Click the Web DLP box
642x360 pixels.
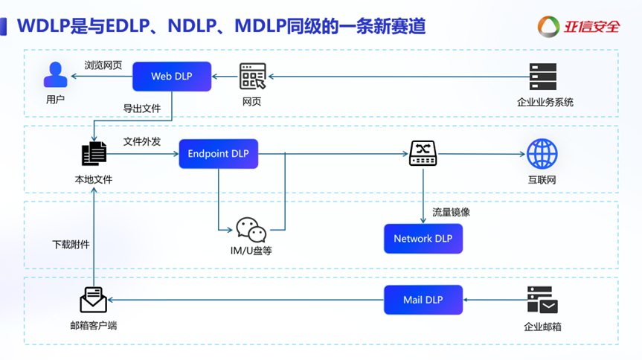(x=172, y=77)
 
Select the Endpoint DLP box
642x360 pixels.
(x=218, y=154)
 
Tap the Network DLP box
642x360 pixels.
(x=423, y=239)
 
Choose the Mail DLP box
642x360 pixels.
(x=423, y=300)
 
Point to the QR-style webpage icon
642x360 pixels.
(x=252, y=77)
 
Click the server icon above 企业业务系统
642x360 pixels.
(x=543, y=77)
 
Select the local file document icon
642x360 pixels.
(x=94, y=154)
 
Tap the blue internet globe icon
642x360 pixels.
(x=542, y=154)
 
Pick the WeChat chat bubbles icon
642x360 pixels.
(x=251, y=230)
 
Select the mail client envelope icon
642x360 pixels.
(x=94, y=300)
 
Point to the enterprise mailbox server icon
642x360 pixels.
(x=542, y=300)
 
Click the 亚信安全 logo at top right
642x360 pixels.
(x=579, y=27)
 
